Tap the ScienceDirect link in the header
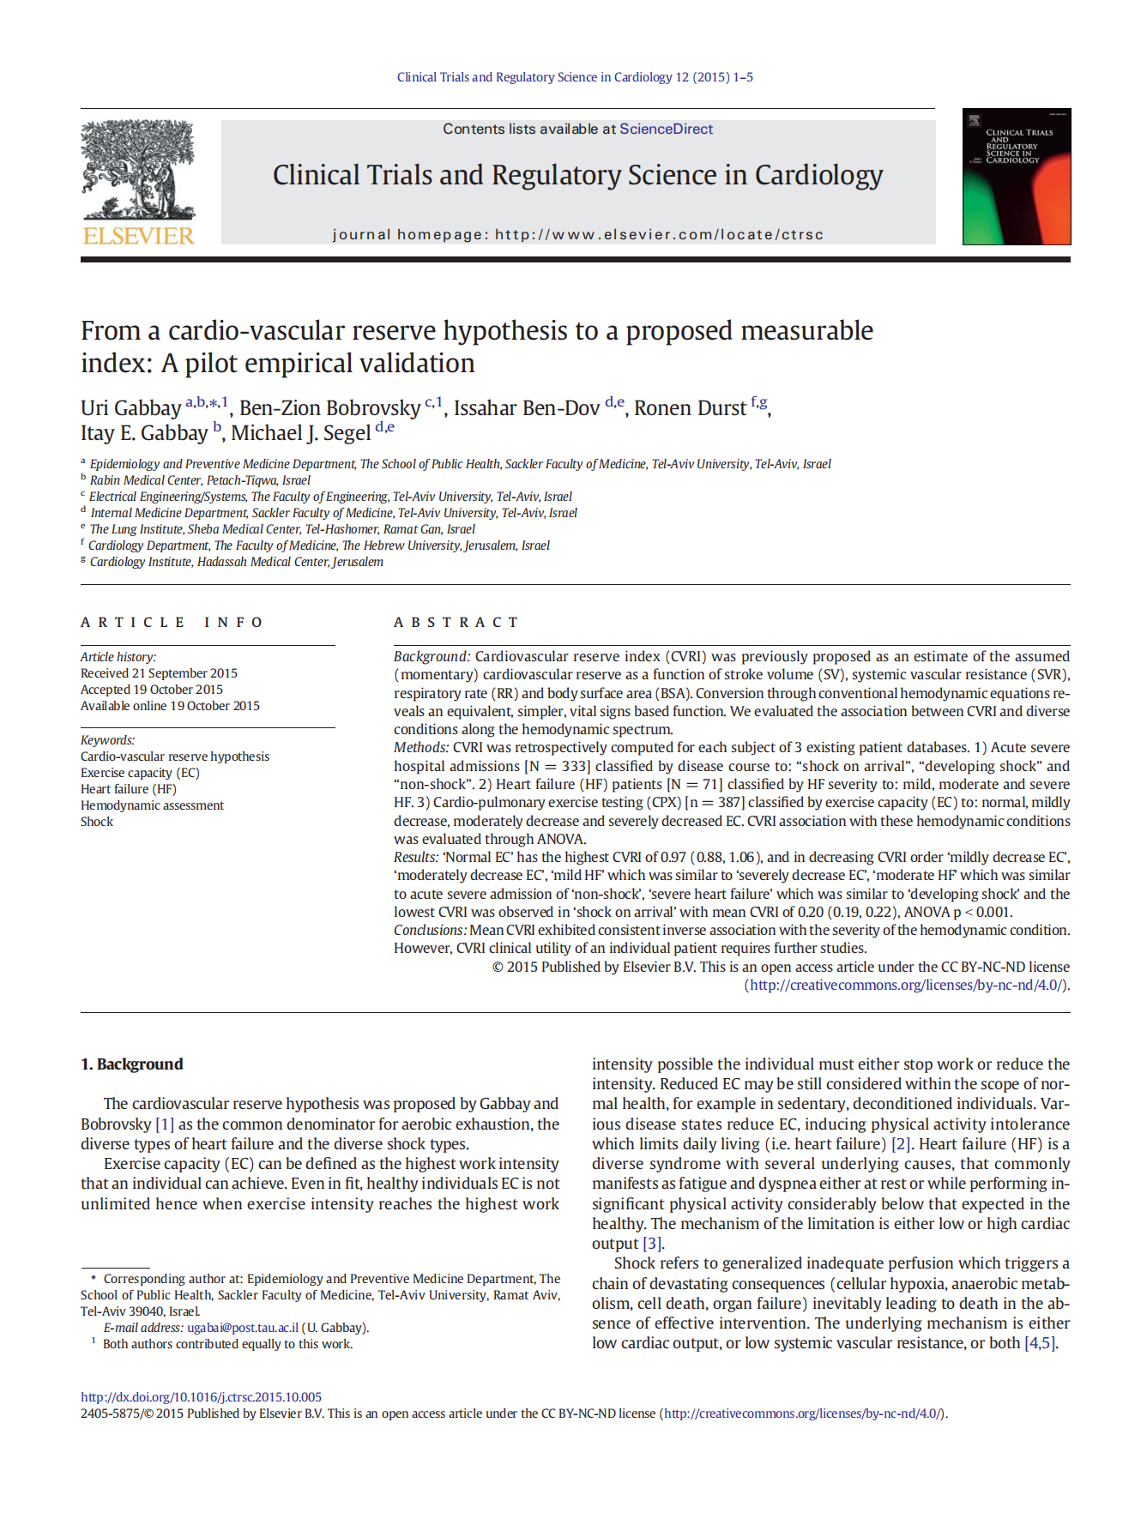point(666,130)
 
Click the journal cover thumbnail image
point(1016,177)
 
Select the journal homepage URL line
point(577,235)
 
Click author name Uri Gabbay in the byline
point(130,408)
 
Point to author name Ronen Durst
point(690,408)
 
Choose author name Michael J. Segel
point(300,433)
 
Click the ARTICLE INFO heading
point(172,623)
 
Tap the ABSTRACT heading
point(456,623)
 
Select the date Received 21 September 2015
point(159,673)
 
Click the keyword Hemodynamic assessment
point(152,805)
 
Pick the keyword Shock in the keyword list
point(97,822)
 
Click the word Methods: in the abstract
point(421,748)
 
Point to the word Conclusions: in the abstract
point(430,931)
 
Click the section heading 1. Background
point(131,1064)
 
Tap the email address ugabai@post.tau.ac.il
point(243,1328)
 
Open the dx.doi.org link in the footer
point(201,1397)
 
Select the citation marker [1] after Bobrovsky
point(164,1124)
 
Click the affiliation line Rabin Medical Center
point(199,480)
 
